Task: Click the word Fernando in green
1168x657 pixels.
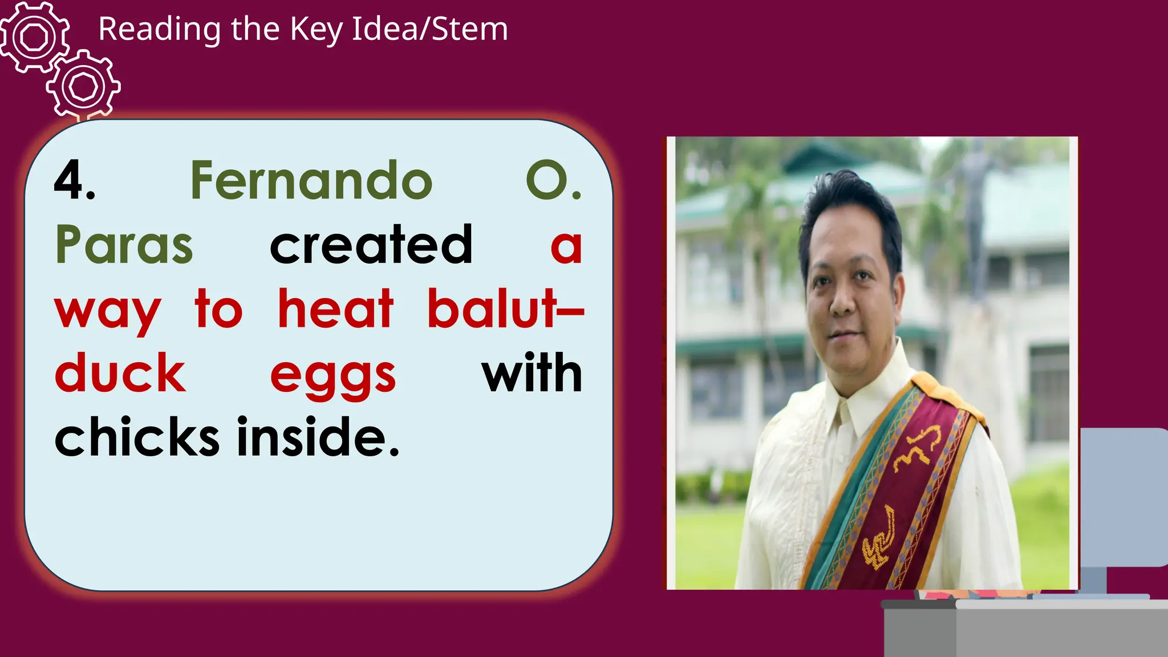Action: [311, 181]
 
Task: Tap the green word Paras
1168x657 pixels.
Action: [124, 245]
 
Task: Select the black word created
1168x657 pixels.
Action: [371, 245]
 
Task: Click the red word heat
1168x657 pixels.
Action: [335, 309]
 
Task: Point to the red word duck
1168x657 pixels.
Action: [120, 373]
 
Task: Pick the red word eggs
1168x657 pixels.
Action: [333, 376]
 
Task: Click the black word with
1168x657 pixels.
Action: [532, 373]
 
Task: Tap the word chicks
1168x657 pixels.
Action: [137, 437]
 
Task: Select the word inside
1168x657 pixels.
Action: [318, 437]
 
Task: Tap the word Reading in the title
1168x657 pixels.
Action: [159, 30]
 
